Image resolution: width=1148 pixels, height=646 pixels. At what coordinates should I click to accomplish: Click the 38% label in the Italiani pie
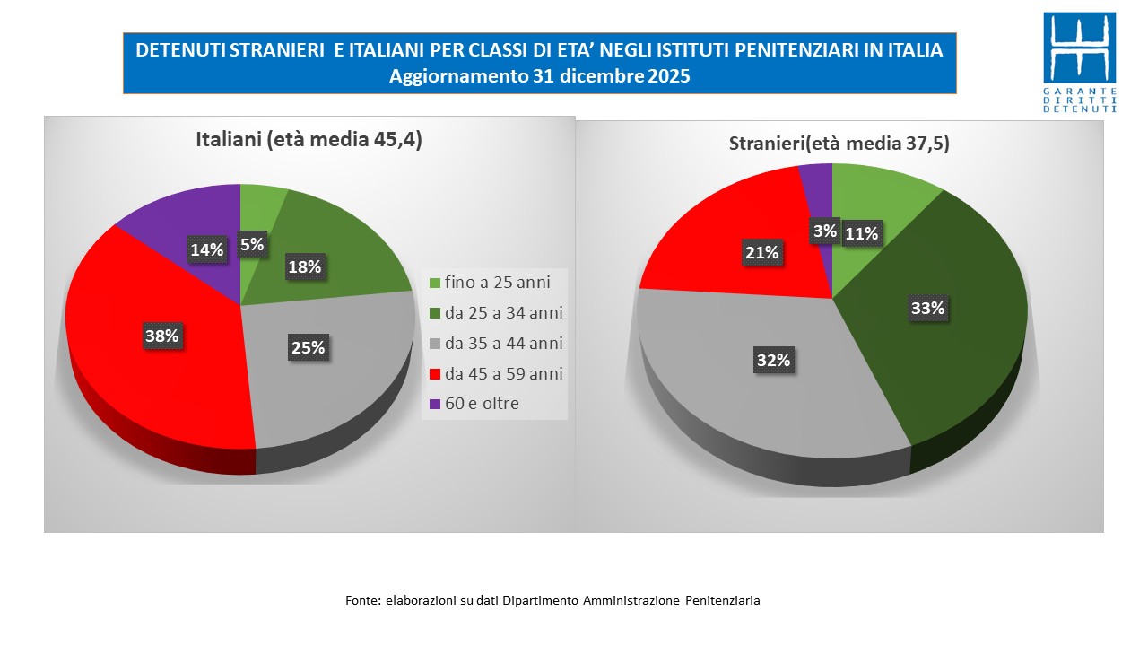pyautogui.click(x=162, y=336)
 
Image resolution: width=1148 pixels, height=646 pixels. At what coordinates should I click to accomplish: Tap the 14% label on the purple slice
pyautogui.click(x=206, y=250)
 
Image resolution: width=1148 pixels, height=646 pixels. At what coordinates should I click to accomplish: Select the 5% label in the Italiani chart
pyautogui.click(x=251, y=243)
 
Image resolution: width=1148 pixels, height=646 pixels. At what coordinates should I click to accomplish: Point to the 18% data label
pyautogui.click(x=304, y=266)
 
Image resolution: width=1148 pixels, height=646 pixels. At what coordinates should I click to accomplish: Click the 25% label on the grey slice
pyautogui.click(x=308, y=347)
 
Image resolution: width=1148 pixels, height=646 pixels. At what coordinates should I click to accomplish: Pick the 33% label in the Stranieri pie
pyautogui.click(x=927, y=309)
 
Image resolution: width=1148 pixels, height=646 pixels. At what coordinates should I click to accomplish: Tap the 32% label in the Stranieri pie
pyautogui.click(x=773, y=360)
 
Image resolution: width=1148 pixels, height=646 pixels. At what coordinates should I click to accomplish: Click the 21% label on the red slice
pyautogui.click(x=761, y=253)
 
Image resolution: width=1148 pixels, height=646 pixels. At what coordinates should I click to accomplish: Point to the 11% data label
pyautogui.click(x=862, y=234)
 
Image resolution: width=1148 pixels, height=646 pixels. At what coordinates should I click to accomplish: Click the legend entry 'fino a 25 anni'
pyautogui.click(x=497, y=283)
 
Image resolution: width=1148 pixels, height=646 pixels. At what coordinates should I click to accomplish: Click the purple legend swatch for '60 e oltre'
pyautogui.click(x=435, y=405)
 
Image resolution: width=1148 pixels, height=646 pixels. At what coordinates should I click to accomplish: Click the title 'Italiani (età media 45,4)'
pyautogui.click(x=309, y=140)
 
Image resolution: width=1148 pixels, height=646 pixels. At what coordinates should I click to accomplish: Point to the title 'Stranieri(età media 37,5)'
pyautogui.click(x=839, y=144)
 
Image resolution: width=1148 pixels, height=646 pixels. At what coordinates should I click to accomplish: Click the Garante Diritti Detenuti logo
pyautogui.click(x=1080, y=62)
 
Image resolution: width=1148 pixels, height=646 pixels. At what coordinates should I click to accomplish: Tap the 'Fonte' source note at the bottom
pyautogui.click(x=552, y=600)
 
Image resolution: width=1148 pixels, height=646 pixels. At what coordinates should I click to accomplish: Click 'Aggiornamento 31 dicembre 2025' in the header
pyautogui.click(x=539, y=76)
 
